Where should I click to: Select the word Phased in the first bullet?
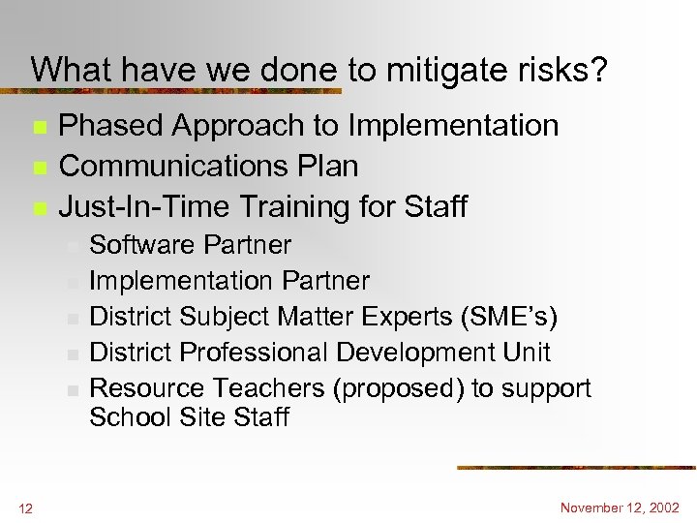click(109, 126)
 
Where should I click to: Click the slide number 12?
click(24, 507)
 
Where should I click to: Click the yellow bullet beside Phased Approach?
click(39, 127)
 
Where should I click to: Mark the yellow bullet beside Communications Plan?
click(39, 168)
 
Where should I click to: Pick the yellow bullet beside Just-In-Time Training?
click(39, 208)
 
